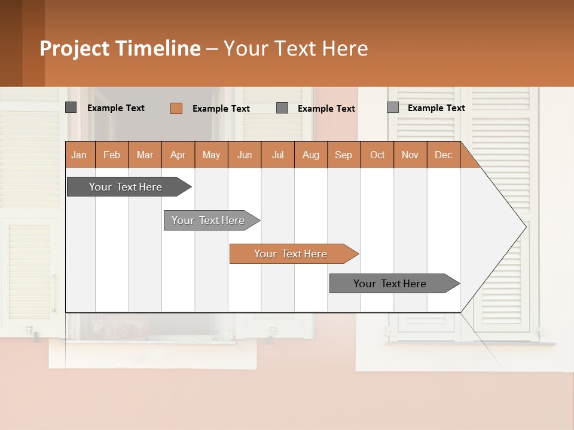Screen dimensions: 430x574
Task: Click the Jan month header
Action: (x=80, y=155)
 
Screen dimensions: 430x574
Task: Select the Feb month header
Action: (x=112, y=155)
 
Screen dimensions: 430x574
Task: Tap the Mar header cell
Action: (x=145, y=155)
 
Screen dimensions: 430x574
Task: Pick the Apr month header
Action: (x=178, y=155)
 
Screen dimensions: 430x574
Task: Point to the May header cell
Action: (x=211, y=155)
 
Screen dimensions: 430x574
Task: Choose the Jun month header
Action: (x=245, y=155)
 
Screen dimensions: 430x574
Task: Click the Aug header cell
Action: (x=311, y=155)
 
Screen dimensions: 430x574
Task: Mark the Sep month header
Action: (x=344, y=155)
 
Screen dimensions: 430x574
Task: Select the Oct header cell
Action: (x=377, y=155)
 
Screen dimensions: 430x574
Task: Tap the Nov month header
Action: (x=410, y=155)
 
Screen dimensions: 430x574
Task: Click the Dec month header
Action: (x=444, y=155)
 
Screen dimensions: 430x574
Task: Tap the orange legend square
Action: (x=176, y=108)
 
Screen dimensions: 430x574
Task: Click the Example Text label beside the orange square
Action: (x=221, y=109)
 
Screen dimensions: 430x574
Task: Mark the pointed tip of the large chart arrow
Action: (x=526, y=226)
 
